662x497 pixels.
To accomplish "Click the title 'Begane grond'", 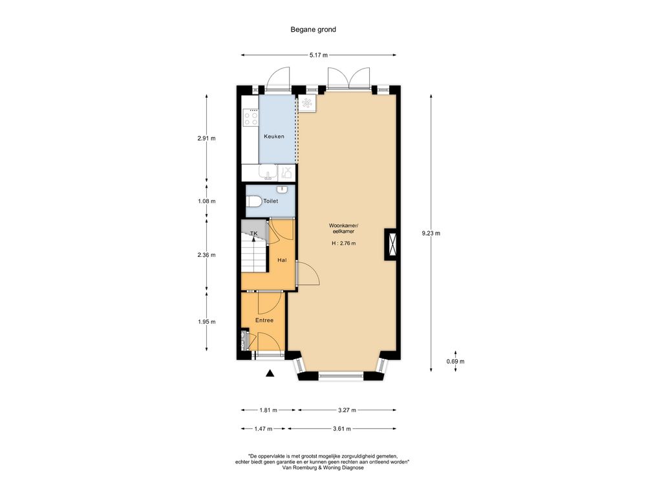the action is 314,30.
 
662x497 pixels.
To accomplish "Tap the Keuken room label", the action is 274,137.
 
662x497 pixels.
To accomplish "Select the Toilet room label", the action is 271,201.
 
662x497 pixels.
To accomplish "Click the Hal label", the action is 282,260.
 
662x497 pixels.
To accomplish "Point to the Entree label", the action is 264,320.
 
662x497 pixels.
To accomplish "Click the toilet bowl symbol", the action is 253,202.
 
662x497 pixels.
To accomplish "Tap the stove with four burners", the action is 251,117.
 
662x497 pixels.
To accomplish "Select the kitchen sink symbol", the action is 268,172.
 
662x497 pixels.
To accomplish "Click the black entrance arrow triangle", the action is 270,373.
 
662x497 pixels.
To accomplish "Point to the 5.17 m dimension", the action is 318,55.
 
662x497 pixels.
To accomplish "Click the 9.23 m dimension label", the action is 431,233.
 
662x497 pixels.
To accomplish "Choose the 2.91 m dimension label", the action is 206,138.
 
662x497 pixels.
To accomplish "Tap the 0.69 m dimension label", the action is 456,361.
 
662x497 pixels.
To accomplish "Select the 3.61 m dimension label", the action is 342,428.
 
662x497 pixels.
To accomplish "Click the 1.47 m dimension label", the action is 264,428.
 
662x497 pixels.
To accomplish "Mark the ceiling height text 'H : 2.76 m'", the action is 344,243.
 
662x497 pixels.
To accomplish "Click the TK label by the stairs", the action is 253,234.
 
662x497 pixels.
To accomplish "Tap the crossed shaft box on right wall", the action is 391,244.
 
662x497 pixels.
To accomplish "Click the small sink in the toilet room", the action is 283,188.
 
